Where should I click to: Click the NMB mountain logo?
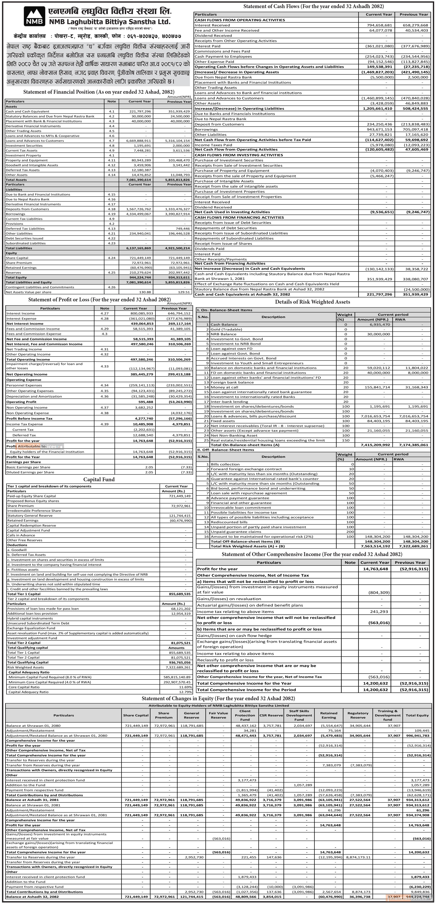pyautogui.click(x=34, y=17)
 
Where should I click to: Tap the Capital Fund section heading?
pyautogui.click(x=99, y=479)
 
